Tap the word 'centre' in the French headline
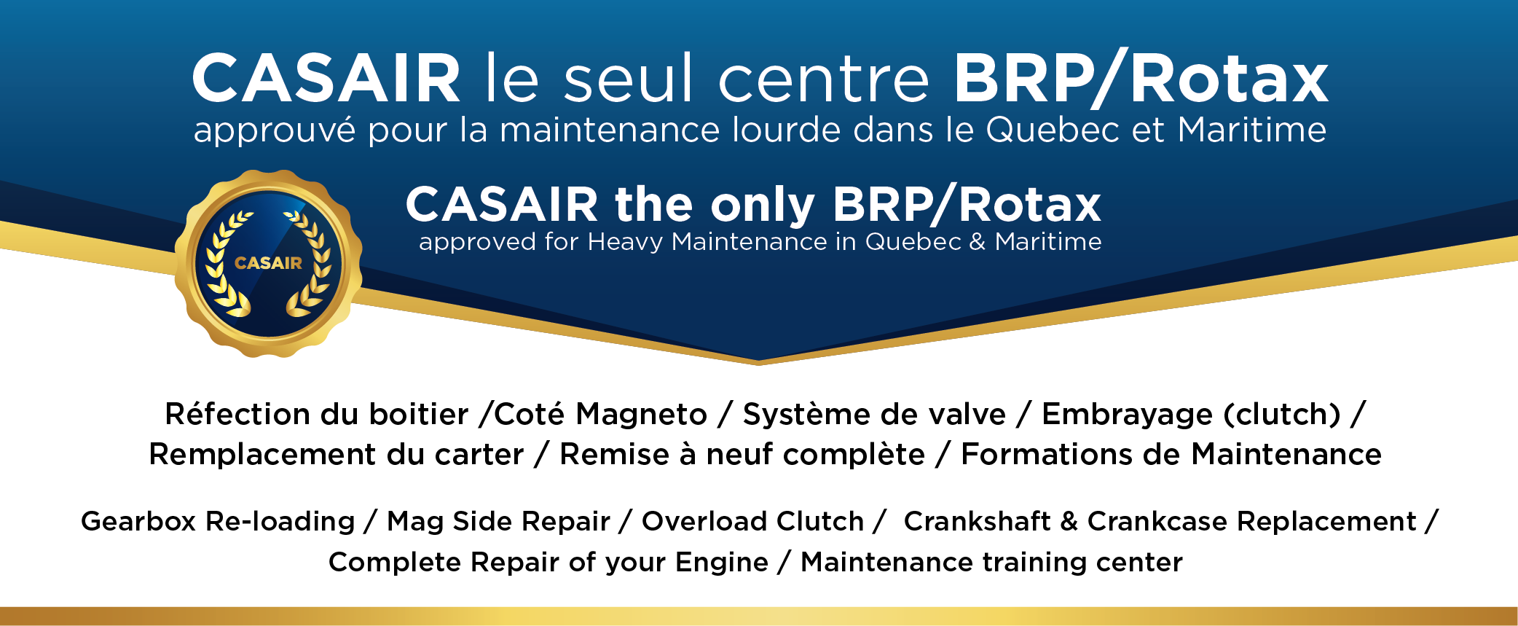[824, 79]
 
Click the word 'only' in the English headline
[763, 206]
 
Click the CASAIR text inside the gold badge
[268, 263]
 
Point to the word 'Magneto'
[641, 414]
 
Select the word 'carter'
[479, 455]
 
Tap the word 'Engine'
[722, 563]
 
